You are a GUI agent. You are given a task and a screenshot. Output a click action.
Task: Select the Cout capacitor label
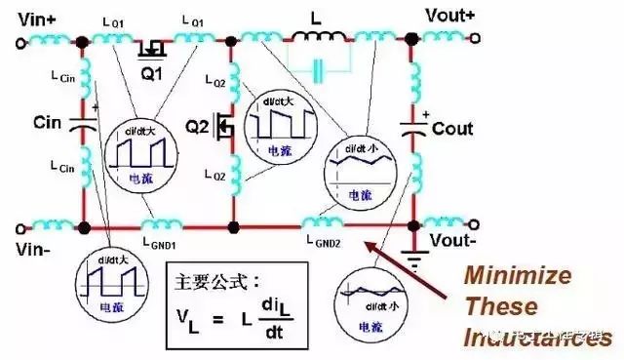click(x=452, y=129)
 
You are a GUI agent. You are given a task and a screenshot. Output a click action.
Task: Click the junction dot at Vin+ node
click(x=84, y=42)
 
